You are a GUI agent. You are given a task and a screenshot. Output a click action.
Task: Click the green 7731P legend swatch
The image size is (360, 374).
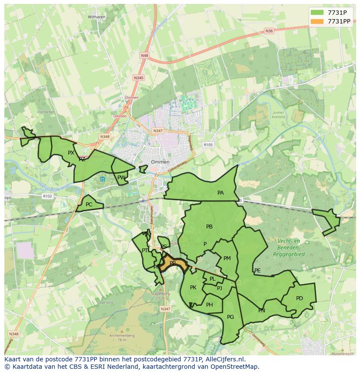(317, 12)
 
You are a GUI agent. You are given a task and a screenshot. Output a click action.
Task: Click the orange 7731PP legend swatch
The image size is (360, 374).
(317, 21)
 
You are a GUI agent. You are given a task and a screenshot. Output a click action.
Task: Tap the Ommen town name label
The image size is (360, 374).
(160, 162)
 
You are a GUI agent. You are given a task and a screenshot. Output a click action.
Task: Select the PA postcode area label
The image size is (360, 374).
(220, 192)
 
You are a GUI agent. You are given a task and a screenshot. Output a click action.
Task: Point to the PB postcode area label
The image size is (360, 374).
(209, 226)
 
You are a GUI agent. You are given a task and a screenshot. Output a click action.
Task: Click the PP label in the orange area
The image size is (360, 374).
(173, 263)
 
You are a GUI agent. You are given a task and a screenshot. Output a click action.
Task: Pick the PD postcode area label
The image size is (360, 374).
(299, 298)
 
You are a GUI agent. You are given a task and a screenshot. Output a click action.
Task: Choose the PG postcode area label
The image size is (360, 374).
(230, 317)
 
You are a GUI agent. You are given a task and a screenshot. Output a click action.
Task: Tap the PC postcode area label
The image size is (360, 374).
(89, 205)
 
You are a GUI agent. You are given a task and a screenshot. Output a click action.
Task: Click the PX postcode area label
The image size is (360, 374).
(71, 152)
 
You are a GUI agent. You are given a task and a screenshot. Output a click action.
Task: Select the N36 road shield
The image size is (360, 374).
(269, 31)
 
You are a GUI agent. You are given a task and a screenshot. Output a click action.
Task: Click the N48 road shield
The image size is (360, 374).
(144, 56)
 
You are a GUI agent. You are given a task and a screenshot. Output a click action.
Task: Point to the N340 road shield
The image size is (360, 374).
(138, 78)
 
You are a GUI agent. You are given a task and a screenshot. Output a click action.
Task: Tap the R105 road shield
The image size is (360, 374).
(208, 145)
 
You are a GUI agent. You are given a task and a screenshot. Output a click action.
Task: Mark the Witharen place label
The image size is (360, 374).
(97, 17)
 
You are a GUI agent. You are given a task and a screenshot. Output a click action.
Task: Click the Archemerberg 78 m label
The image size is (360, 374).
(122, 338)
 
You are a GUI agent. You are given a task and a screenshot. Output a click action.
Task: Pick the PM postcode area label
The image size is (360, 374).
(227, 258)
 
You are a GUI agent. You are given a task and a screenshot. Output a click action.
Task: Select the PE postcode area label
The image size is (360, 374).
(257, 271)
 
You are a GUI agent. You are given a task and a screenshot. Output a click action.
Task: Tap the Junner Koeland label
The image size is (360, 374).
(278, 115)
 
